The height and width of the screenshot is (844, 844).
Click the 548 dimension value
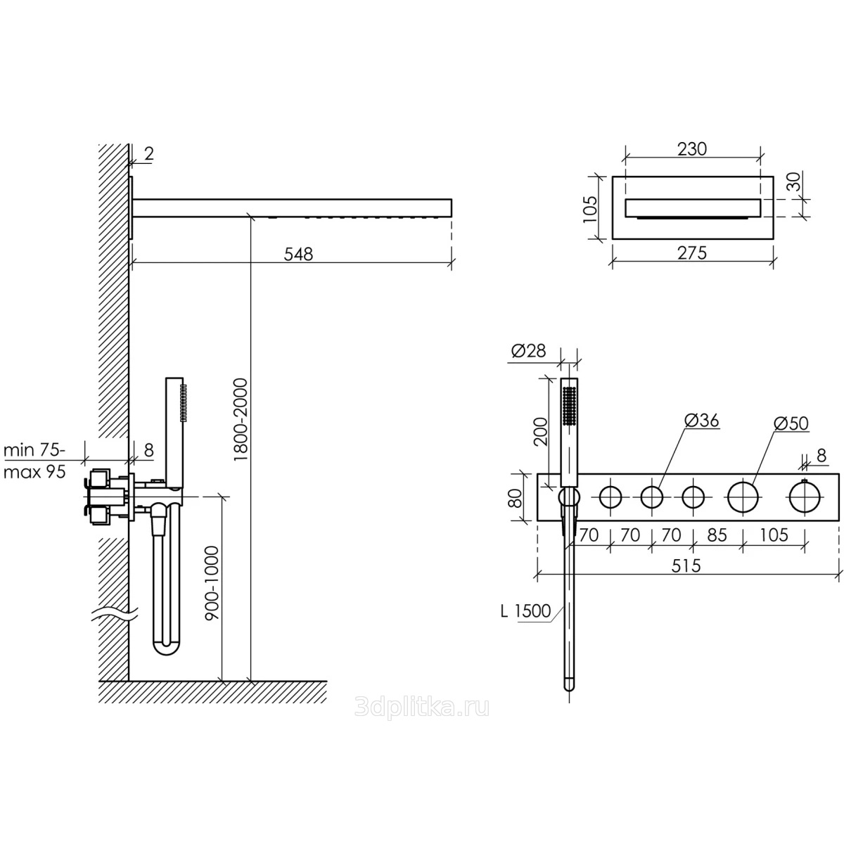[298, 254]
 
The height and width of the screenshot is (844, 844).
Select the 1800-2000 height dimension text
[241, 419]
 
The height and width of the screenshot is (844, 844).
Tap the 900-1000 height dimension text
[212, 583]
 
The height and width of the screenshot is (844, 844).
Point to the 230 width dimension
[693, 149]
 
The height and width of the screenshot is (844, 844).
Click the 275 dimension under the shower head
[692, 253]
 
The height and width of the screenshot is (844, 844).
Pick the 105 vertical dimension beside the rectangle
[590, 209]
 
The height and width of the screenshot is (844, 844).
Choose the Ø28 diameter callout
[528, 351]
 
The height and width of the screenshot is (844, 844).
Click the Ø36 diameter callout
[702, 421]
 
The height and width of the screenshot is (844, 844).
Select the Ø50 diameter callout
[791, 423]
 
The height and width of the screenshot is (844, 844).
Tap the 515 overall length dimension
[686, 566]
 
